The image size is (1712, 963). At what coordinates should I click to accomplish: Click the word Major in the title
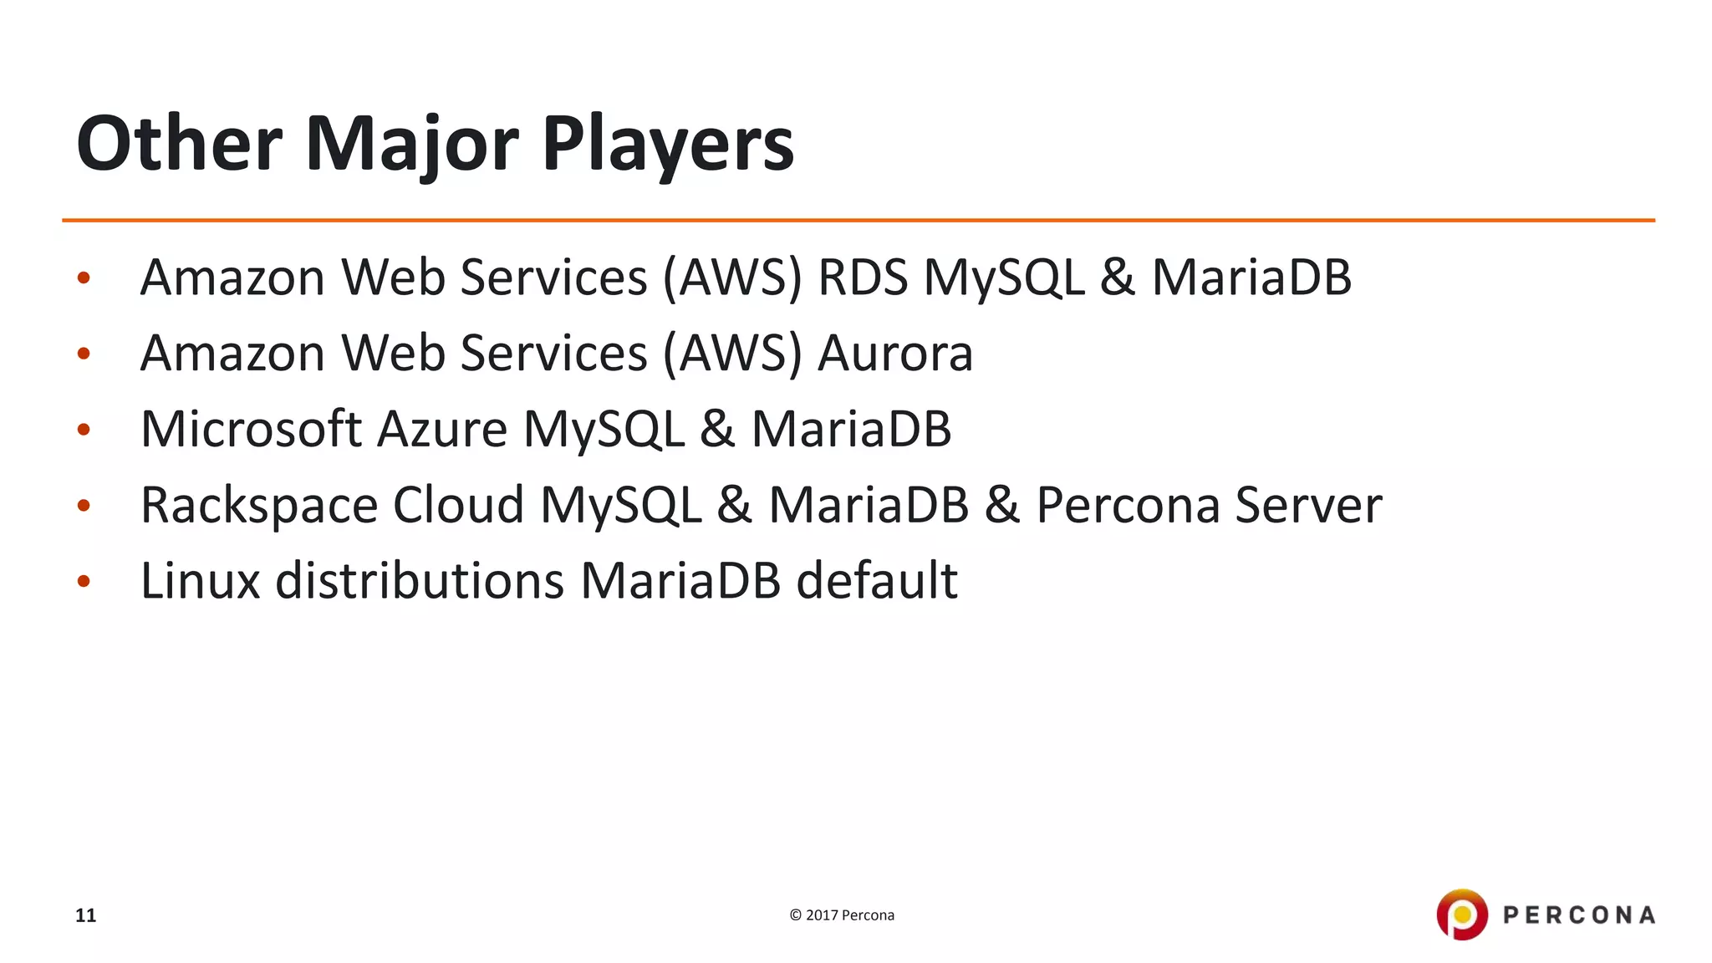click(412, 144)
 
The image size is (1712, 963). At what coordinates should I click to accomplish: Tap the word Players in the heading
click(668, 144)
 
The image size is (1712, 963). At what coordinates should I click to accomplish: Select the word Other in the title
click(180, 144)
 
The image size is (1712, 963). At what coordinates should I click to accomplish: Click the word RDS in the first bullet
click(862, 278)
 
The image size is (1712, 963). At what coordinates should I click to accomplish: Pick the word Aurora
click(895, 354)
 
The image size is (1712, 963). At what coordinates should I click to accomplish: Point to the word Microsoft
click(251, 430)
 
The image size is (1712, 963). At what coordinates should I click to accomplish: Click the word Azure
click(442, 430)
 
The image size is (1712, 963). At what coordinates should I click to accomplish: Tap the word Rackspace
click(259, 506)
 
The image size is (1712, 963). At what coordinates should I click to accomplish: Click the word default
click(876, 581)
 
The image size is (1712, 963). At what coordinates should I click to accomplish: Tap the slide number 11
click(85, 915)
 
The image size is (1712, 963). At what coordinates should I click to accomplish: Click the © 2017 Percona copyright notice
click(842, 915)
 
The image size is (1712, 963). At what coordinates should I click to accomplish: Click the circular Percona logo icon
click(1462, 915)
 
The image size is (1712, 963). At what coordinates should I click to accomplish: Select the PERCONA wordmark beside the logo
click(1579, 915)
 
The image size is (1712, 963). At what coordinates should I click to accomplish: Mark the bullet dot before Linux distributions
click(84, 582)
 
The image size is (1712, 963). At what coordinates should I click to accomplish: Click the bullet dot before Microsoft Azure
click(84, 431)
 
